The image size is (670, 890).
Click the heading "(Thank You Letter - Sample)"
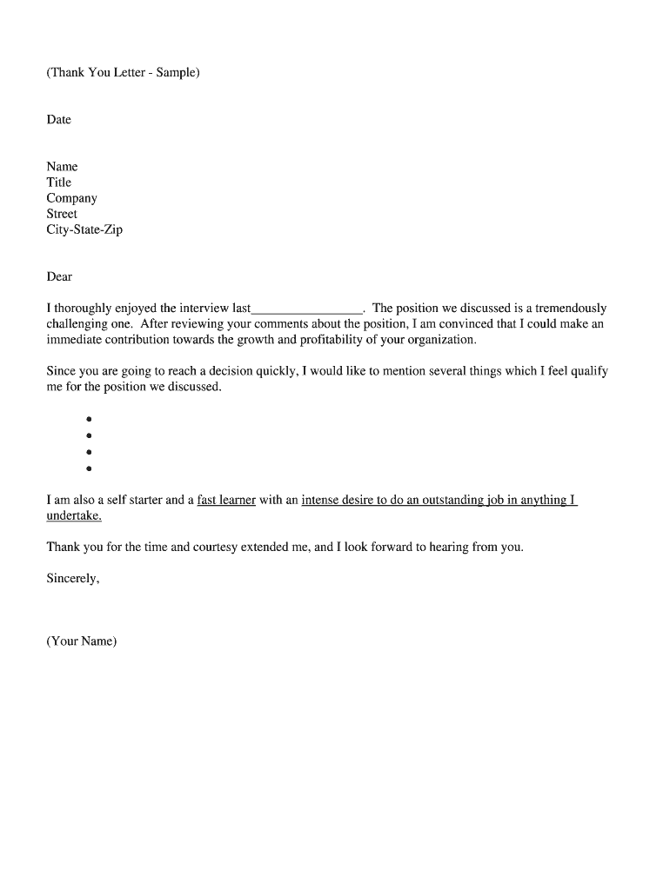(123, 72)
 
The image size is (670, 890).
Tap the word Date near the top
(58, 119)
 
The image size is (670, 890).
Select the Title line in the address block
(58, 182)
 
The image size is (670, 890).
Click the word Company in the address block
(71, 198)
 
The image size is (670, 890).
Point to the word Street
(62, 214)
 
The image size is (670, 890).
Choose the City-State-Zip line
(84, 229)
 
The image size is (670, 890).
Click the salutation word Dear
(59, 276)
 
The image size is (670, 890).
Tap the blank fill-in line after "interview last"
(306, 309)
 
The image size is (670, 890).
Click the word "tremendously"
(571, 308)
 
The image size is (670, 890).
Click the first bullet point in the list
(89, 419)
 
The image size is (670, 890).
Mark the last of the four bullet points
(89, 468)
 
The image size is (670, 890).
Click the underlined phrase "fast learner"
(226, 500)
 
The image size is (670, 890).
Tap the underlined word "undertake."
(74, 515)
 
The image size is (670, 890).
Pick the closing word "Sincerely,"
(72, 578)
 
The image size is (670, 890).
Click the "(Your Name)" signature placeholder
(81, 641)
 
